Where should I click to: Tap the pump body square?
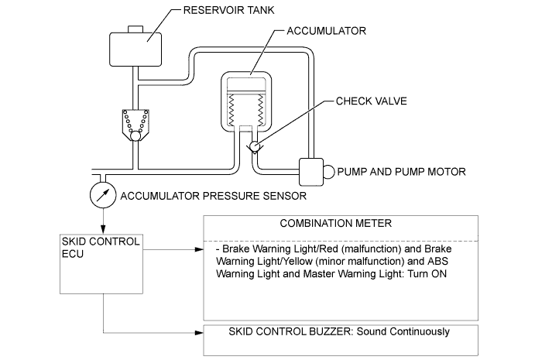(310, 171)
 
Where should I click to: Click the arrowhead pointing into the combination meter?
(198, 250)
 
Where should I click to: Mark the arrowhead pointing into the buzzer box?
(198, 333)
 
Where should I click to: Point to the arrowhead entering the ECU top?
(102, 228)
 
